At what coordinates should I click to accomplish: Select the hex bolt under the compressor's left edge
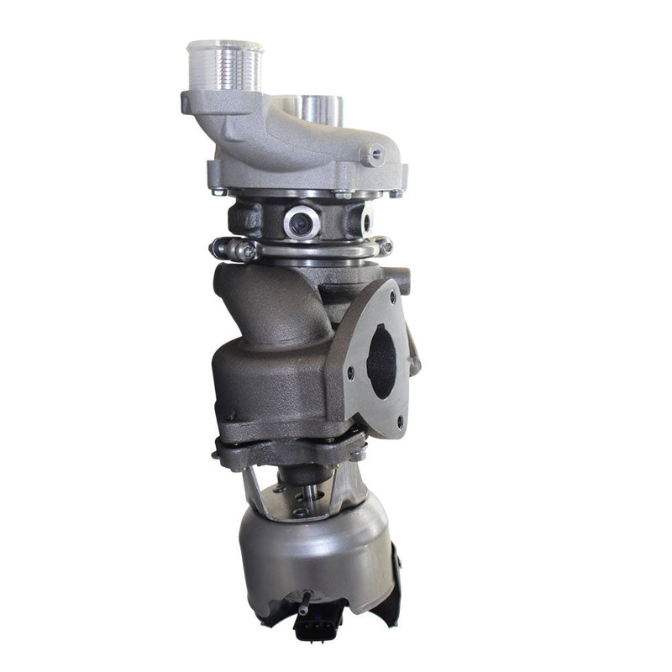point(220,192)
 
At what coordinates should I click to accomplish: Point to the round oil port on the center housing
point(301,223)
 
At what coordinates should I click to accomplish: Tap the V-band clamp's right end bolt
point(385,246)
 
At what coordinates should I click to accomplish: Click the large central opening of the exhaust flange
point(382,361)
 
